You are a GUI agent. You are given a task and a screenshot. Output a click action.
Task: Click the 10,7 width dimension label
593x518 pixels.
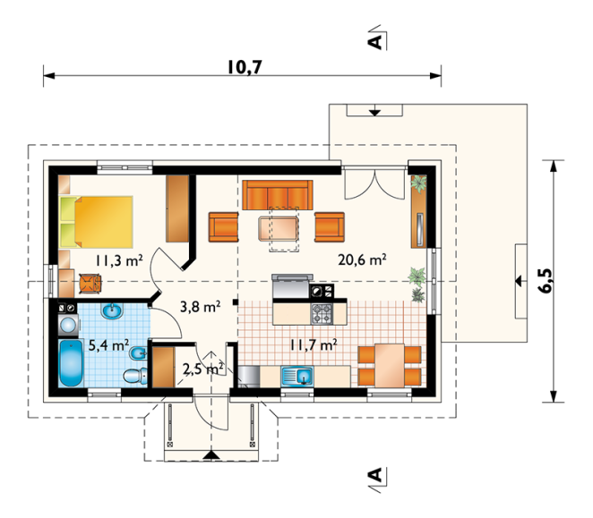pyautogui.click(x=245, y=67)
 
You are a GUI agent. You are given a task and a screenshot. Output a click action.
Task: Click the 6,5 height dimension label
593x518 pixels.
pyautogui.click(x=545, y=280)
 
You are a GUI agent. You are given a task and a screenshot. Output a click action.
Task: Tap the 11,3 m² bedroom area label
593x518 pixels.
pyautogui.click(x=119, y=260)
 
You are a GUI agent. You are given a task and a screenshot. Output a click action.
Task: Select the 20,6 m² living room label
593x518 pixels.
pyautogui.click(x=362, y=259)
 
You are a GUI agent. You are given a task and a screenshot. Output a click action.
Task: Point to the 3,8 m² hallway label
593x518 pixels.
pyautogui.click(x=200, y=307)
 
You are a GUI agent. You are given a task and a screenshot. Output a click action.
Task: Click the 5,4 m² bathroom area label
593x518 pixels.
pyautogui.click(x=108, y=344)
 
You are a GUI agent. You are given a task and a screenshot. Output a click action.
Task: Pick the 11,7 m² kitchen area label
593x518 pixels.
pyautogui.click(x=314, y=344)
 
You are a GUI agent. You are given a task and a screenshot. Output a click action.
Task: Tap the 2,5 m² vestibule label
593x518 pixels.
pyautogui.click(x=202, y=369)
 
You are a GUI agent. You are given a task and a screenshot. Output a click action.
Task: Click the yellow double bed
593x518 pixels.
pyautogui.click(x=96, y=222)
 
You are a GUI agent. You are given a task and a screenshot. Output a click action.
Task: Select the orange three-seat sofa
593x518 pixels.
pyautogui.click(x=278, y=195)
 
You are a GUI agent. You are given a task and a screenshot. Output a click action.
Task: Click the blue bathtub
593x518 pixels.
pyautogui.click(x=71, y=363)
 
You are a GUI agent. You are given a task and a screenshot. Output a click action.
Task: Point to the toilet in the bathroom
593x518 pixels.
pyautogui.click(x=135, y=375)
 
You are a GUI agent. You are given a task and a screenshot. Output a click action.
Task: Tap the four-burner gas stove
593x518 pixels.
pyautogui.click(x=322, y=314)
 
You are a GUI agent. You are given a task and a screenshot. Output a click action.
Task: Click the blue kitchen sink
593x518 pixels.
pyautogui.click(x=296, y=377)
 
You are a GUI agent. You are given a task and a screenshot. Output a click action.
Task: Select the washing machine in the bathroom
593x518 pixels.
pyautogui.click(x=68, y=325)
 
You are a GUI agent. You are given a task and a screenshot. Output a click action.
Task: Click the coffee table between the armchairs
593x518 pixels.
pyautogui.click(x=279, y=228)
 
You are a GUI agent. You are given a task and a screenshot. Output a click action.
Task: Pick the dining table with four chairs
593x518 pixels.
pyautogui.click(x=390, y=365)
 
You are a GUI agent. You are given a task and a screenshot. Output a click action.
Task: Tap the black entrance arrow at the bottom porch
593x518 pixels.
pyautogui.click(x=211, y=455)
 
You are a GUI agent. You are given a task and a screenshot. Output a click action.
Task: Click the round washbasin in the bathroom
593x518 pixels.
pyautogui.click(x=112, y=311)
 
